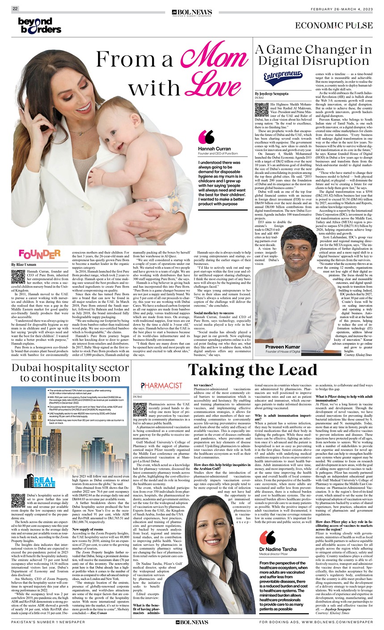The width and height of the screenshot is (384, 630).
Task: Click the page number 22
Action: click(x=15, y=8)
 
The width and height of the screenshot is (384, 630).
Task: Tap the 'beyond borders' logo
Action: click(x=39, y=26)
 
